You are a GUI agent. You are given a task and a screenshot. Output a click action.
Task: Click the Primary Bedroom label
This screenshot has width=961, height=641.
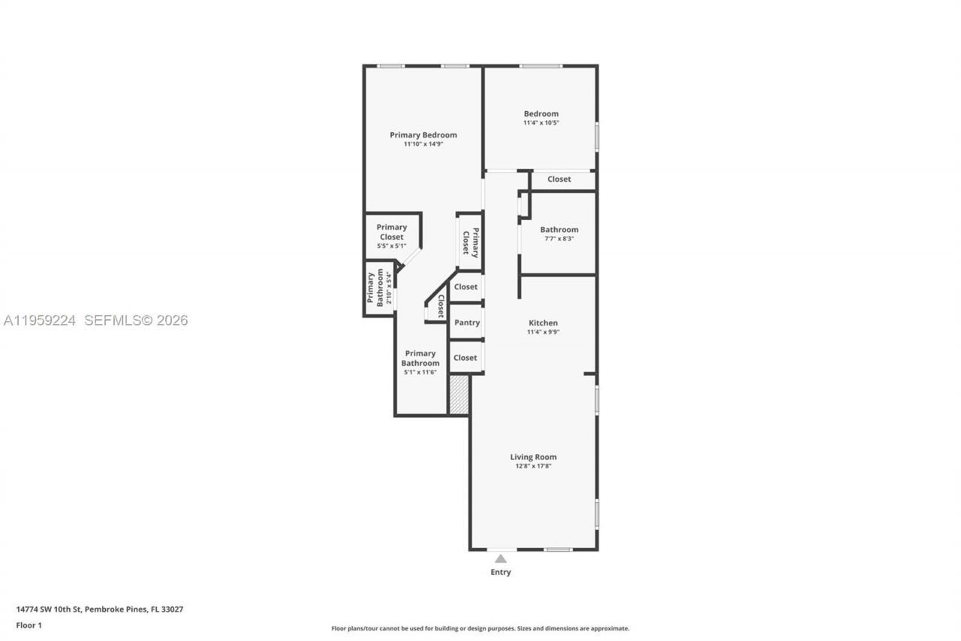tap(423, 135)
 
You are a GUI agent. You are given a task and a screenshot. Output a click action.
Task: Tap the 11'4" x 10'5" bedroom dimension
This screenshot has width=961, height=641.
tap(541, 122)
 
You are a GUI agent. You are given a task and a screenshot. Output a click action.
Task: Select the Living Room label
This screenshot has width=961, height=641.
tap(533, 457)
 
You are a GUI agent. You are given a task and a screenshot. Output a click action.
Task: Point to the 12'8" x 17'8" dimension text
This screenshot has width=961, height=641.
tap(533, 467)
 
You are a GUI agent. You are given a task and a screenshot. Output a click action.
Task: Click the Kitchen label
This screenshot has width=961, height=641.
tap(542, 323)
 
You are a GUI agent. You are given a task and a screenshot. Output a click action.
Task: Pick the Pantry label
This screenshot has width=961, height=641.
tap(466, 323)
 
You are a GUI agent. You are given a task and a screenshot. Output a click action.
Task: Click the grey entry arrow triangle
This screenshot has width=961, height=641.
tap(501, 558)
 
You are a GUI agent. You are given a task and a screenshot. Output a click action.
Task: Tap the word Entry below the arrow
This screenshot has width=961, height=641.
tap(501, 573)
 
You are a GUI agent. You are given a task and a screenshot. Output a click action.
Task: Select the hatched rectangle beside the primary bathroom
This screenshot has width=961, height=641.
tap(459, 395)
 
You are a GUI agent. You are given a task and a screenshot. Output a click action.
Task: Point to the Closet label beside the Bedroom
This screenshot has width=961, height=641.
tap(559, 180)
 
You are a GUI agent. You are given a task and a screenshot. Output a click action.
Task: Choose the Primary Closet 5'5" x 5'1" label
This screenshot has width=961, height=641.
tap(391, 236)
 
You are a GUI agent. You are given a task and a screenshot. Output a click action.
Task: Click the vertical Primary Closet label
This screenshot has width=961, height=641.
tap(470, 241)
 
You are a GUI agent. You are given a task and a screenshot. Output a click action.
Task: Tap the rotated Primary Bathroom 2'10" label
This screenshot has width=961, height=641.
tap(380, 288)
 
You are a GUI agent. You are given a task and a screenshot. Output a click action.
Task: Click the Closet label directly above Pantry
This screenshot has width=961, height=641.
tap(465, 287)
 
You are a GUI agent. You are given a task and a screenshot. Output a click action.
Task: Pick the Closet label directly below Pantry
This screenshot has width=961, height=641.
tap(465, 358)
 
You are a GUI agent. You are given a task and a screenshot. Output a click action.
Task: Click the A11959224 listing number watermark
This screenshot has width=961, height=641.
tap(40, 321)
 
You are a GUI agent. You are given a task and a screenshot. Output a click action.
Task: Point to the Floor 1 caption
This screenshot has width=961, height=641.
tap(29, 625)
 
